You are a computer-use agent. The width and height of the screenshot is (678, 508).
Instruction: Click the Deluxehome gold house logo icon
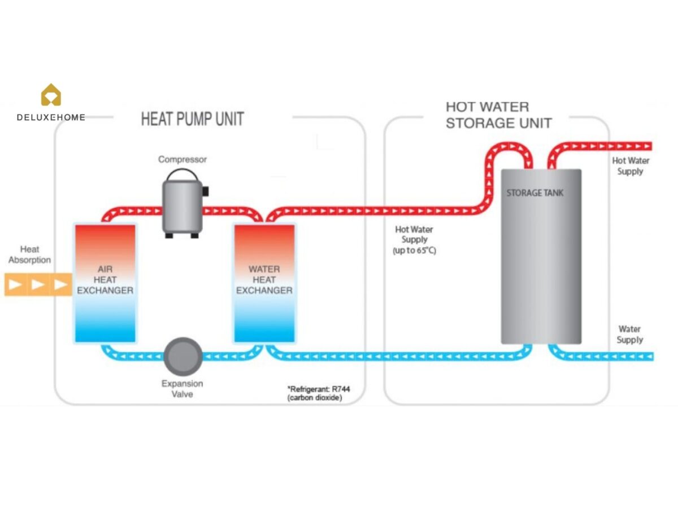tap(51, 95)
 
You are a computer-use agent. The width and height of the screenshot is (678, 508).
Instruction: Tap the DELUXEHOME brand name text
tap(51, 117)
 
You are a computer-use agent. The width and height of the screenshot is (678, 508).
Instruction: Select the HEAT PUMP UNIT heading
tap(192, 119)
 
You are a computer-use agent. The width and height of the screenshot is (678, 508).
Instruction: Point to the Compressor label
tap(182, 160)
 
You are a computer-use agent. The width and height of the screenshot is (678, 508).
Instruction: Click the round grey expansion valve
tap(182, 356)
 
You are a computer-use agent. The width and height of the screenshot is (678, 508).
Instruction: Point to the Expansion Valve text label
tap(182, 389)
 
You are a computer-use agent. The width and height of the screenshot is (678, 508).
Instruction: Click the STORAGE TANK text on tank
tap(534, 193)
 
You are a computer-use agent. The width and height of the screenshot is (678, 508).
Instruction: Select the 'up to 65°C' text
tap(414, 251)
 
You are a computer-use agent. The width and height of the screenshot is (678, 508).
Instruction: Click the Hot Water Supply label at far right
tap(631, 166)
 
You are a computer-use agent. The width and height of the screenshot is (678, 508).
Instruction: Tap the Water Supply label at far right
tap(629, 334)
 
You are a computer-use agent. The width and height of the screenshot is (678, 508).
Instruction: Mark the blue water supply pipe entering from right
tap(610, 356)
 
